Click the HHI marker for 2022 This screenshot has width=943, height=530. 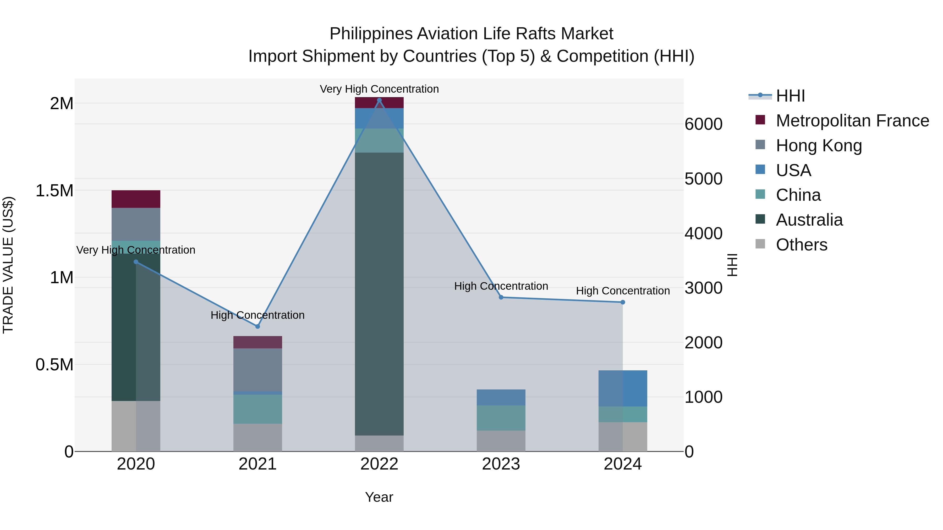(379, 100)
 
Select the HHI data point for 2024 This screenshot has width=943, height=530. (623, 302)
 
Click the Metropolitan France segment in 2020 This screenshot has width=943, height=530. (136, 199)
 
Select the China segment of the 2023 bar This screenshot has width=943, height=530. (501, 418)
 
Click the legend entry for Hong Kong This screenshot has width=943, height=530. (819, 146)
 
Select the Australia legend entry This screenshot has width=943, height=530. (809, 220)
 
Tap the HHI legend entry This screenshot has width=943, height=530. (790, 96)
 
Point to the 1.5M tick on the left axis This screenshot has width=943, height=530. (54, 191)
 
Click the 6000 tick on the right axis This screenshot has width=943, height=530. (703, 124)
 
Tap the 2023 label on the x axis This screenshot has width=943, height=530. (501, 464)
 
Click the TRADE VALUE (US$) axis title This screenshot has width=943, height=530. (8, 265)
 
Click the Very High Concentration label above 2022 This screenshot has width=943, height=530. (379, 89)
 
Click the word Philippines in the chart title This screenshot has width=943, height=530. (371, 34)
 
